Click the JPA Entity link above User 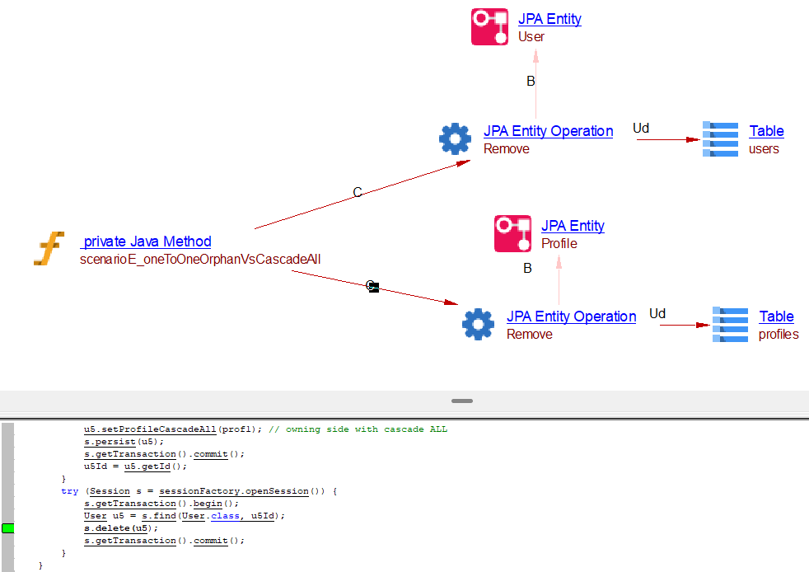coord(549,19)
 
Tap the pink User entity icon coord(489,27)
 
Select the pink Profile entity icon coord(512,234)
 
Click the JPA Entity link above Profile coord(573,226)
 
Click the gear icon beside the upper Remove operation coord(455,139)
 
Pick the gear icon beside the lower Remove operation coord(478,325)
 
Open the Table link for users coord(766,131)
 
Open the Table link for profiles coord(776,316)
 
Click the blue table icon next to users coord(720,139)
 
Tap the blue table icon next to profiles coord(730,325)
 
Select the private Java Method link coord(147,241)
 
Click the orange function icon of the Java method coord(49,249)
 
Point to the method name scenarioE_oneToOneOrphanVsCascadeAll coord(200,259)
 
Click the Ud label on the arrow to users coord(641,128)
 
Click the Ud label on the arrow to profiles coord(657,313)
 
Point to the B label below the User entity coord(531,81)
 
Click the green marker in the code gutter coord(8,528)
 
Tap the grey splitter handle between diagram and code coord(462,401)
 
